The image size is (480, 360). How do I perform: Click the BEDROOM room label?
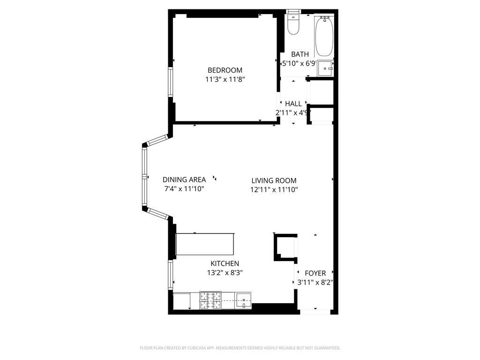(225, 70)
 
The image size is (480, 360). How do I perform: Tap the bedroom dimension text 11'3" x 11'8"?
(225, 80)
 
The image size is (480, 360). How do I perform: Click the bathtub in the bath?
(324, 36)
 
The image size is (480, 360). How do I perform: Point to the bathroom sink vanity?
(325, 69)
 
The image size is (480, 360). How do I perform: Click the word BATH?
(300, 54)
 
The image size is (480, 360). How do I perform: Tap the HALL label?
(293, 104)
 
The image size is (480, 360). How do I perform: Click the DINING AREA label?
(184, 180)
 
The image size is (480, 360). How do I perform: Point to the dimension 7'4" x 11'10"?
(184, 189)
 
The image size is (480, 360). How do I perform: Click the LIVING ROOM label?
(274, 180)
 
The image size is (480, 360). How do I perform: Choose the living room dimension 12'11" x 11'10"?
(274, 190)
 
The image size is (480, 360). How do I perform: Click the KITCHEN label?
(225, 263)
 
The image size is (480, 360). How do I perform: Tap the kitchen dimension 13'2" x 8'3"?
(225, 273)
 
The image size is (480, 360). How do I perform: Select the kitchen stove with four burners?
(210, 300)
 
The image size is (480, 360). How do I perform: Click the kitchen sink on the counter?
(243, 300)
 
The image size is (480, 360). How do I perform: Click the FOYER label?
(315, 273)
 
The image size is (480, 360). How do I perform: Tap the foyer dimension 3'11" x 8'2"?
(315, 283)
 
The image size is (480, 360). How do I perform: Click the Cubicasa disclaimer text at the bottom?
(240, 348)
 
